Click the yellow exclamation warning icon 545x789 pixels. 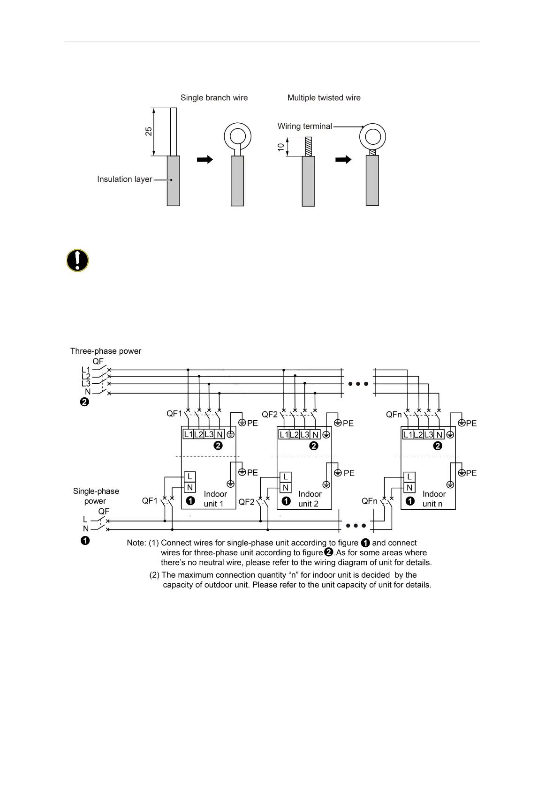77,261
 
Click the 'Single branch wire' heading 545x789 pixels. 214,98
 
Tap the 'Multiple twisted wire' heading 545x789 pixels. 324,98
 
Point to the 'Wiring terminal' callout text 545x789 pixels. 304,126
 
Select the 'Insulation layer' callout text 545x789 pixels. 124,179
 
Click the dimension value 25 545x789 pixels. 149,132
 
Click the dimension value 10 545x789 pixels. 281,147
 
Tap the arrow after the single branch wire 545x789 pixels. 205,159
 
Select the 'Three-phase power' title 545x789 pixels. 106,351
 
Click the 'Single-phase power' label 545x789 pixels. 96,496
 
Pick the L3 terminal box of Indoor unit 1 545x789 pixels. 209,434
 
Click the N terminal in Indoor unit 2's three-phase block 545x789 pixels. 315,434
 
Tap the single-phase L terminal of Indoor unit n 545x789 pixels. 409,477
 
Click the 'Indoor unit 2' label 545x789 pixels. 310,499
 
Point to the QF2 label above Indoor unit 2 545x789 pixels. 270,414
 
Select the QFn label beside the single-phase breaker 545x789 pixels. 369,501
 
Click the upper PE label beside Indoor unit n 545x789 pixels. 471,424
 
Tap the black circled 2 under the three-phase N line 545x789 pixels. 84,402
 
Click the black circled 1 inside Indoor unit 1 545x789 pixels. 190,501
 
